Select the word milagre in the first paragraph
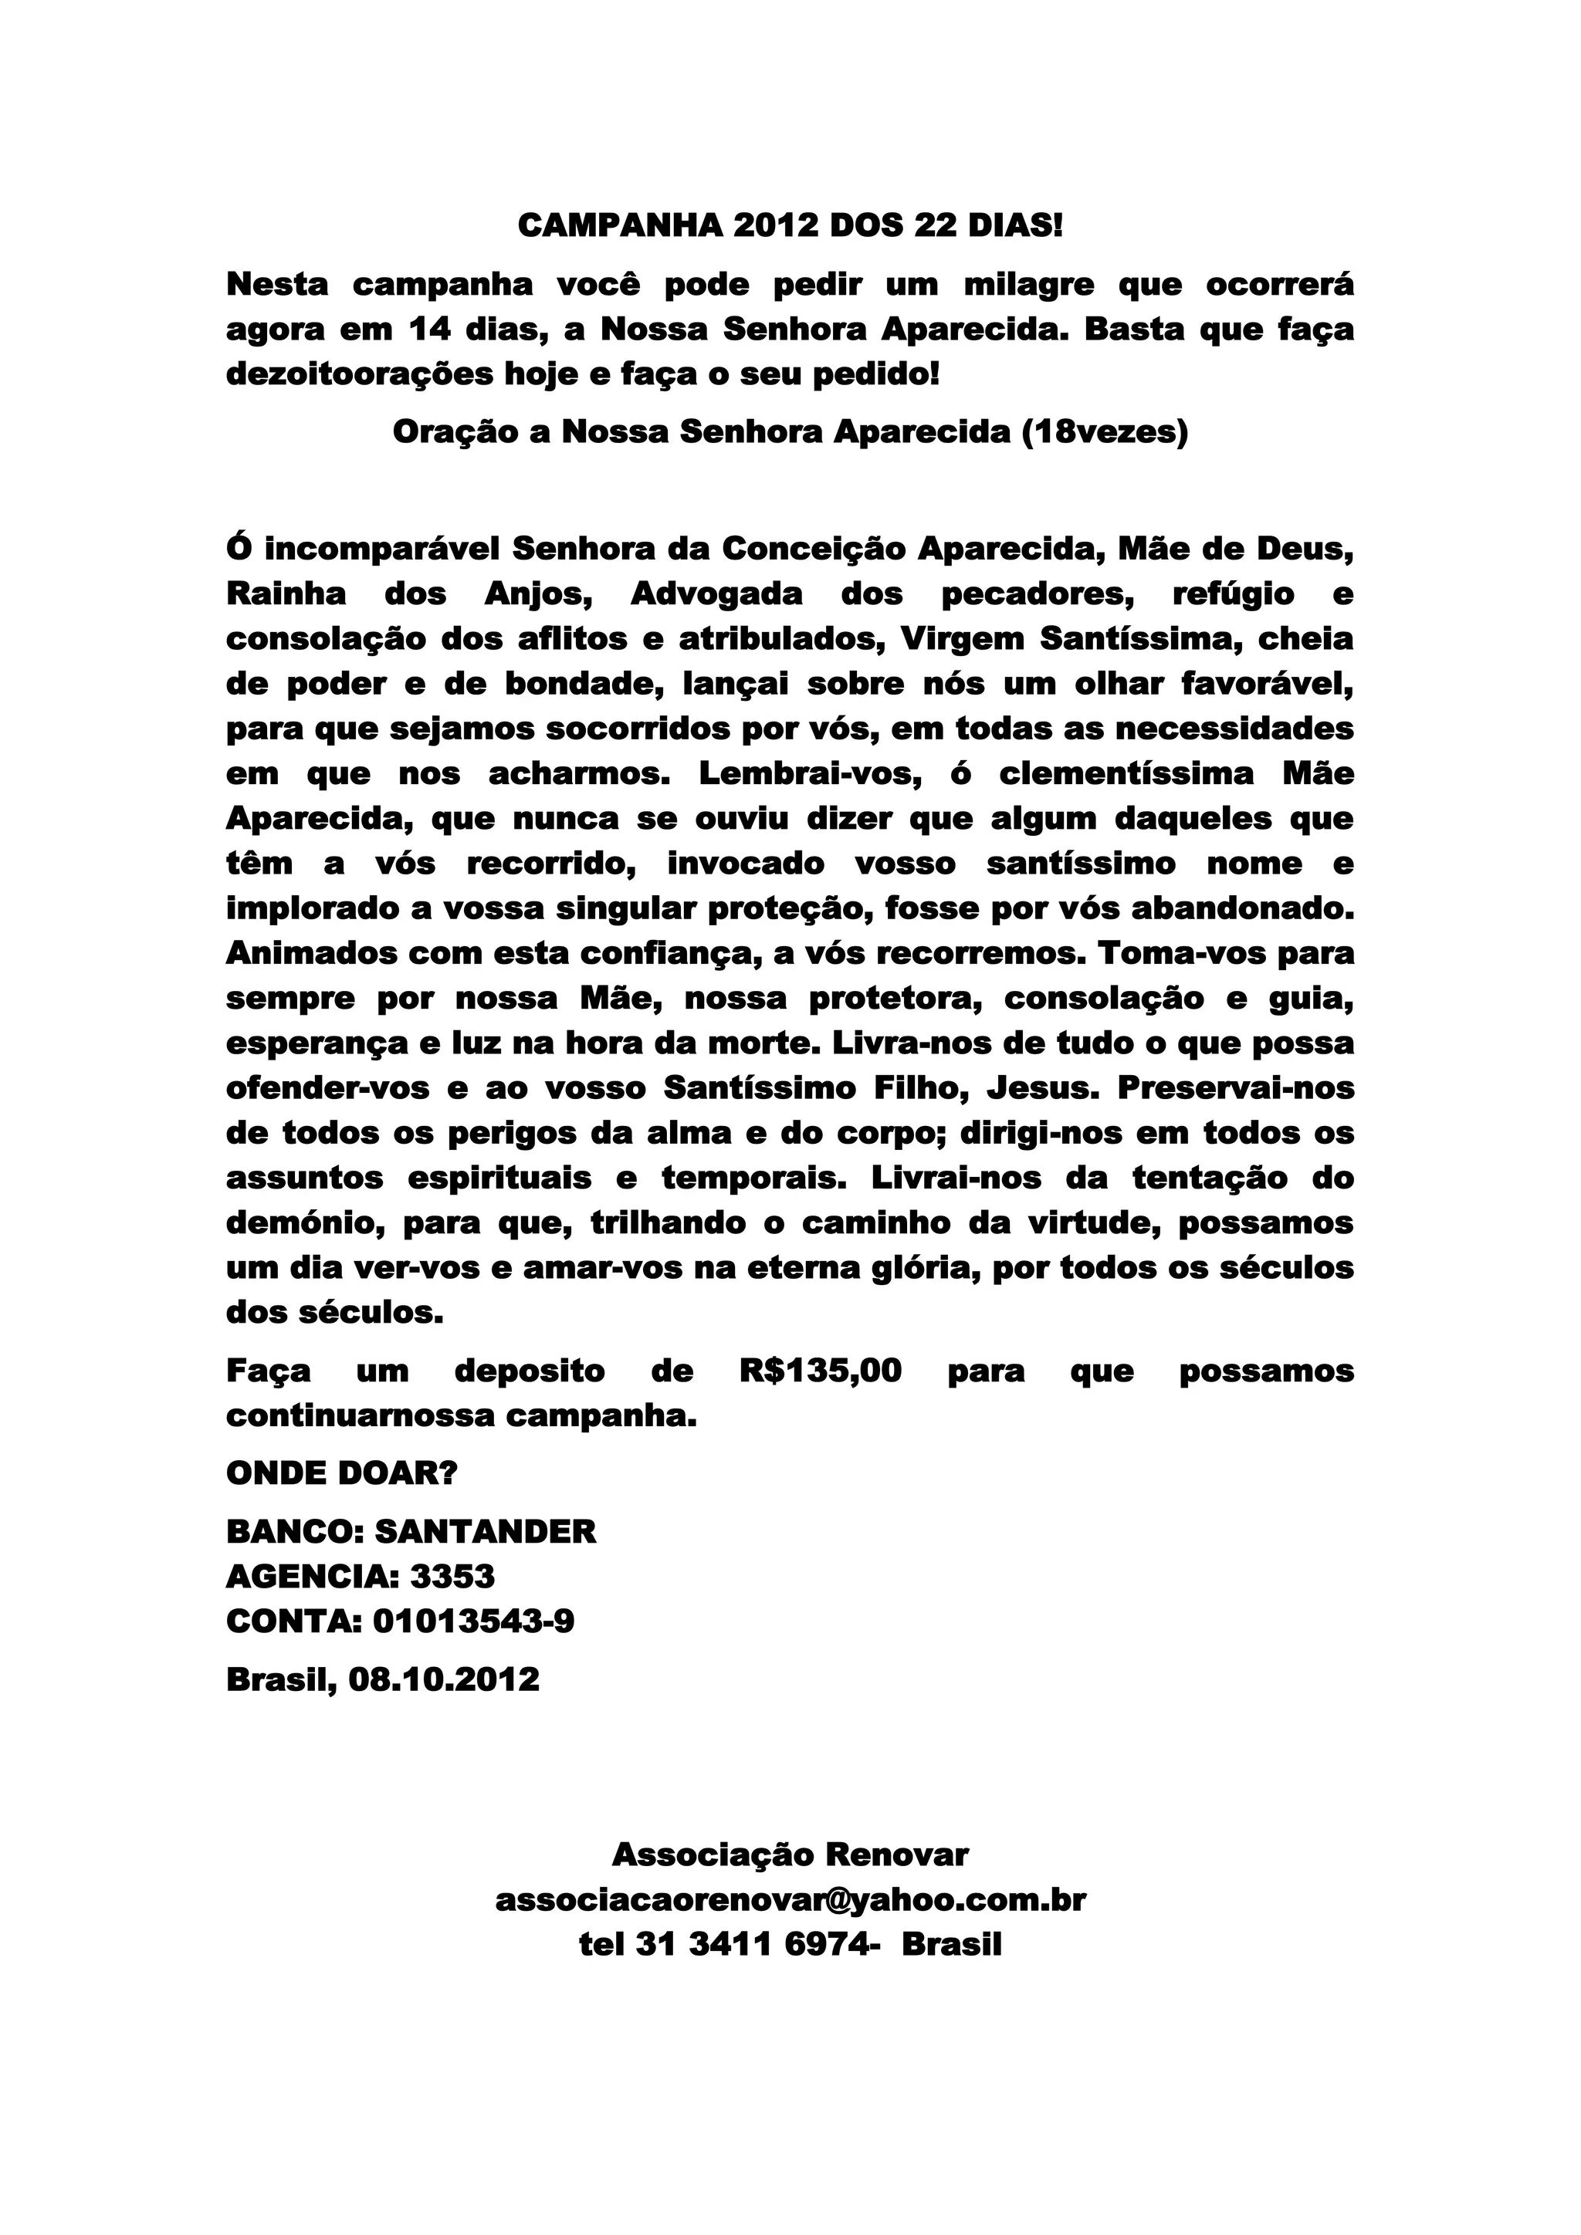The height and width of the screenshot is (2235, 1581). pyautogui.click(x=1024, y=286)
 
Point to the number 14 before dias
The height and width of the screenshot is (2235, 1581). pyautogui.click(x=429, y=330)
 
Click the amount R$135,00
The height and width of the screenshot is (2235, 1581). pyautogui.click(x=821, y=1371)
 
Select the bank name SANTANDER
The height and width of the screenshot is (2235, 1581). pyautogui.click(x=485, y=1531)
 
